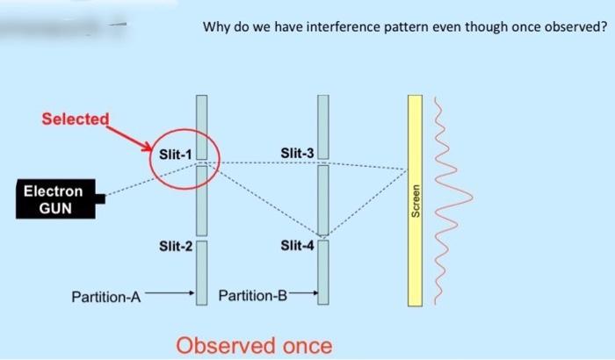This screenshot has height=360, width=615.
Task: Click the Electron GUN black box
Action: [x=54, y=199]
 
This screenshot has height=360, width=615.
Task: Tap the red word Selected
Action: [x=76, y=119]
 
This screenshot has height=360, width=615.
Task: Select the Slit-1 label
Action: [x=176, y=155]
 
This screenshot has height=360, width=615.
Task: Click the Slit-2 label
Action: [x=176, y=246]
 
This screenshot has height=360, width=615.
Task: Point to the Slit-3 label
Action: [x=297, y=155]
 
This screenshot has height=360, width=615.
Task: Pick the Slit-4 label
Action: [x=297, y=246]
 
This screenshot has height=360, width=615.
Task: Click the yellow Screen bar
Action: [x=415, y=200]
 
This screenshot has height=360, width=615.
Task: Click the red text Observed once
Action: [x=255, y=345]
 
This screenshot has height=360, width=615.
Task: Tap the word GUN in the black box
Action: [x=54, y=208]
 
